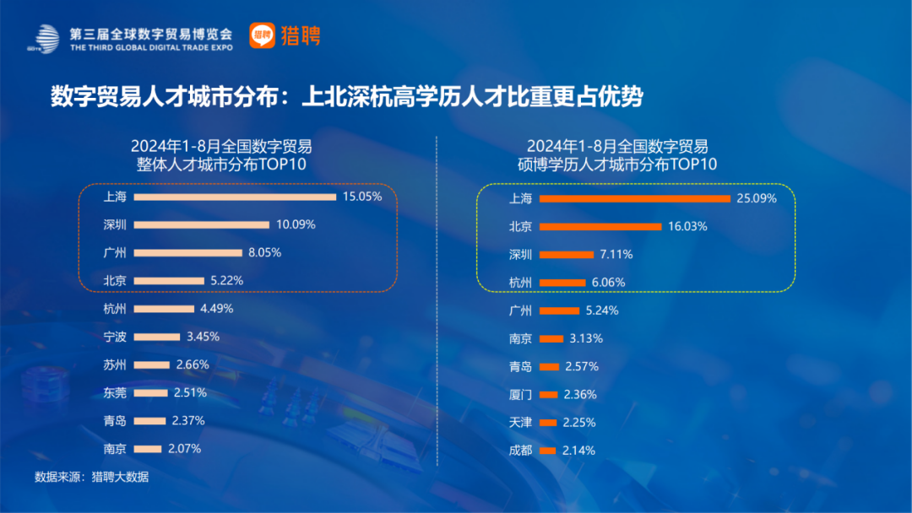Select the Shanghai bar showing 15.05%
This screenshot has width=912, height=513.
tap(235, 197)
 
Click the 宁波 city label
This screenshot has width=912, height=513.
tap(115, 337)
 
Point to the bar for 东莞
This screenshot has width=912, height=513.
tap(151, 392)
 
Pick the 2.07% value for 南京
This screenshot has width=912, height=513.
tap(183, 449)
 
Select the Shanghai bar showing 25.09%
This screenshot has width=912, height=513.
tap(634, 199)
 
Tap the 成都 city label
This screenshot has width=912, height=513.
tap(521, 451)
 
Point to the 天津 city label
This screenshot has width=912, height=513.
tap(521, 423)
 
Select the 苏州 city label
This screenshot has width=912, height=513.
tap(115, 364)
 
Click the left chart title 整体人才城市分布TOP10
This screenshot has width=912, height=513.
tap(221, 164)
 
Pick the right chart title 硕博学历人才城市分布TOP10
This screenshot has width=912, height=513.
tap(616, 164)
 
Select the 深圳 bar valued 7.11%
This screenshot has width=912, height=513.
tap(566, 255)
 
